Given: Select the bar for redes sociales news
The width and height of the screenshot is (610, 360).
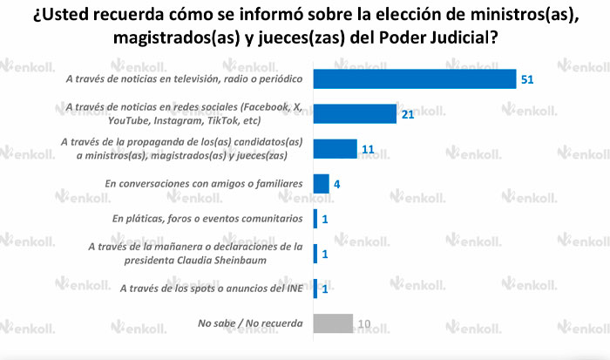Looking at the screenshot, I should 355,113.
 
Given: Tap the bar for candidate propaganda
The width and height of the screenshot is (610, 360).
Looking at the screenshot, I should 335,149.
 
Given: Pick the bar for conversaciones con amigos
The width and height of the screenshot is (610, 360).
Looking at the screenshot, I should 321,184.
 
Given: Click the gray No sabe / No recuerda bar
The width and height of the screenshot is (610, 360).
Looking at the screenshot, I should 333,323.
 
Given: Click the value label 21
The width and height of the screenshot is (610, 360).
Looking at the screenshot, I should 408,114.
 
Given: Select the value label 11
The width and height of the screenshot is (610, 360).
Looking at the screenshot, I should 368,150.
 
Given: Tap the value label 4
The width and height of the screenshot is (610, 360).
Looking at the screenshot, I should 337,185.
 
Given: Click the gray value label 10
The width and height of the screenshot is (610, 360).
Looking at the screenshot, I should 364,324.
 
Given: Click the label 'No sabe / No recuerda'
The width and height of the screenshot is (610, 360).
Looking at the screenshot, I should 251,323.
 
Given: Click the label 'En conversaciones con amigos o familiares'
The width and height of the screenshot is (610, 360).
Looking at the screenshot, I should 203,184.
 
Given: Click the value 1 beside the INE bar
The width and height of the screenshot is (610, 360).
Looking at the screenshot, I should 325,289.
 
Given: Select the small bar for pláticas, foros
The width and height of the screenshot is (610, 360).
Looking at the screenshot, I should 315,219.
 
